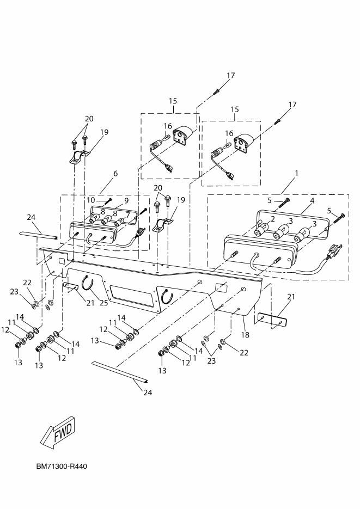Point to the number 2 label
pos(265,219)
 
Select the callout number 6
pos(115,173)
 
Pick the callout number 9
pos(127,200)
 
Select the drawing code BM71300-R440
pos(62,467)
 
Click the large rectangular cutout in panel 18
pos(131,295)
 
